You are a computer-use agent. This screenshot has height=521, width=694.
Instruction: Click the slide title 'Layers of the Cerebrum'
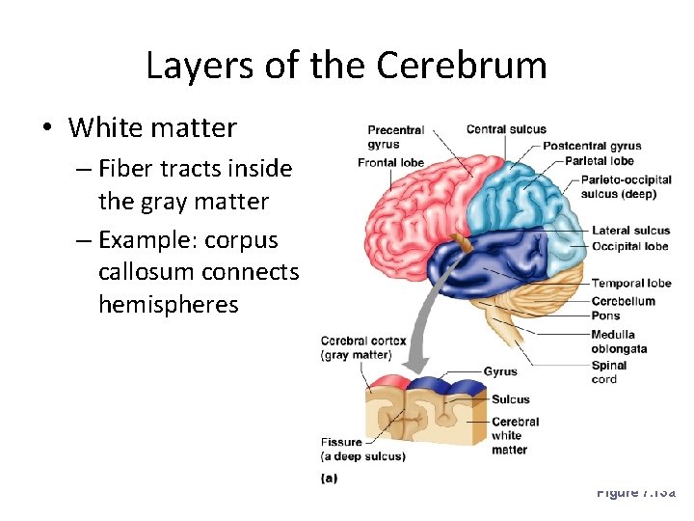(x=346, y=66)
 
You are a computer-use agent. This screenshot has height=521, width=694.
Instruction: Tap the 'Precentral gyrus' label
(x=395, y=137)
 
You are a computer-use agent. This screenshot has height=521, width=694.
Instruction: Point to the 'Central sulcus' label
(x=506, y=129)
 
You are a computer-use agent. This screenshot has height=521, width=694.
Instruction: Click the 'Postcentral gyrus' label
(x=592, y=146)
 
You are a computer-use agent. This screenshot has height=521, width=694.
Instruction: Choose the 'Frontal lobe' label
(x=390, y=162)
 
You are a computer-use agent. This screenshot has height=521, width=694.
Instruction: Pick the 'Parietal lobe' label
(x=599, y=160)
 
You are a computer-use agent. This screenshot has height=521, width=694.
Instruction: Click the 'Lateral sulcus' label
(x=630, y=232)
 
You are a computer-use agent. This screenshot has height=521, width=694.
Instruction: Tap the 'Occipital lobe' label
(x=629, y=246)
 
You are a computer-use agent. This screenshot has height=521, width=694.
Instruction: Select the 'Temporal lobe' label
(x=631, y=284)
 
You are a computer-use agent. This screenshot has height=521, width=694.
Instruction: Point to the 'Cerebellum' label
(x=623, y=301)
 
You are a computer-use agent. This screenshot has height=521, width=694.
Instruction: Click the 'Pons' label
(x=605, y=315)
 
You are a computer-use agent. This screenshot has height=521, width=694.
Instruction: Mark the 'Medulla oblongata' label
(x=619, y=342)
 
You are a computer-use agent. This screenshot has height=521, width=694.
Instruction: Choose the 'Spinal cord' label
(x=609, y=372)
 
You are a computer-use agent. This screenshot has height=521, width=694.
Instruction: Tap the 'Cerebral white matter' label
(x=515, y=435)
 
